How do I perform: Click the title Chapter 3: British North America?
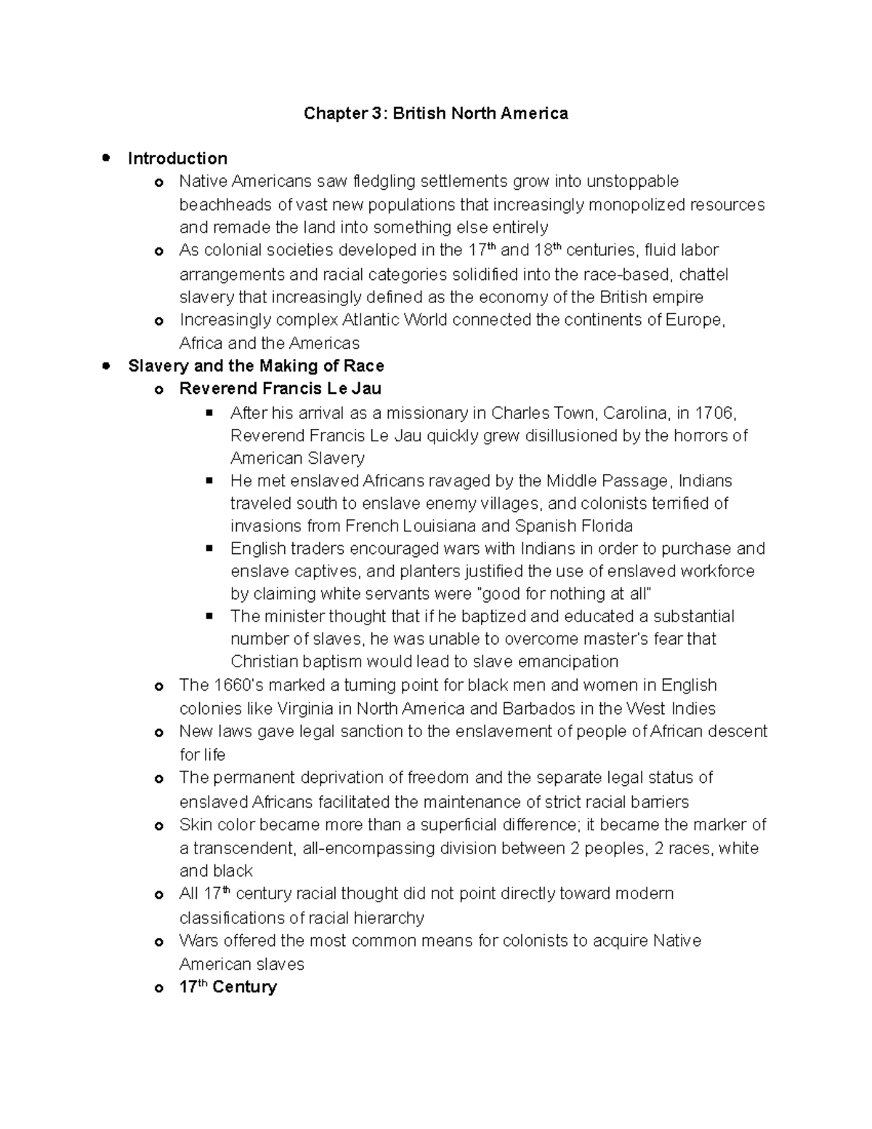pyautogui.click(x=435, y=113)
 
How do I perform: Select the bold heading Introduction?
pyautogui.click(x=177, y=158)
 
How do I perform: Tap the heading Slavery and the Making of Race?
pyautogui.click(x=256, y=366)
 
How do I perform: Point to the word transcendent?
pyautogui.click(x=243, y=848)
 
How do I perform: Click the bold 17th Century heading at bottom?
pyautogui.click(x=227, y=987)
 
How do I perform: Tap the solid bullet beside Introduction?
pyautogui.click(x=107, y=158)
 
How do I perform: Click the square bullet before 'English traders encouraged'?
pyautogui.click(x=210, y=547)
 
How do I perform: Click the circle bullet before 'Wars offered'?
pyautogui.click(x=158, y=942)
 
